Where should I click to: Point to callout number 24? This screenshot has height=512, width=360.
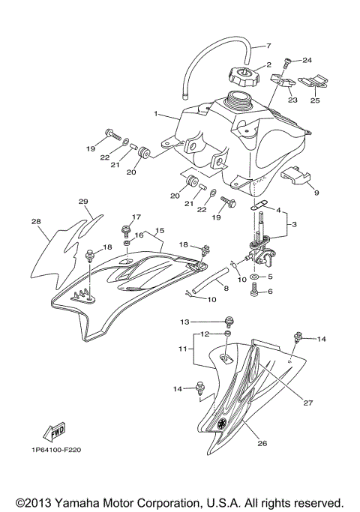click(306, 60)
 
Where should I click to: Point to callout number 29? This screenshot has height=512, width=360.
click(83, 202)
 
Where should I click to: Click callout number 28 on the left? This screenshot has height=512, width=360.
click(36, 222)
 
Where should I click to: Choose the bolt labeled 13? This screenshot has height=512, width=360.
click(226, 322)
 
